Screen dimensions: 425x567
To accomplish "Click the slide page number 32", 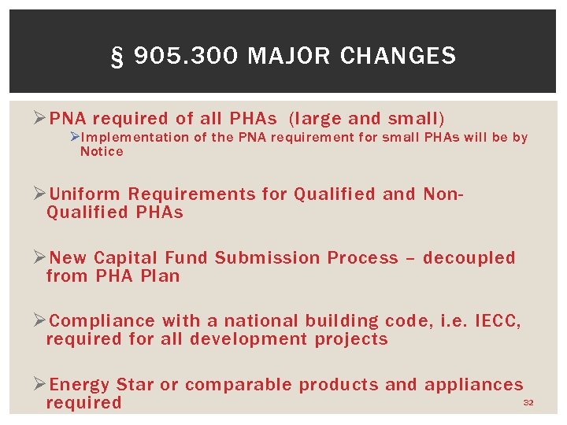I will [x=528, y=403].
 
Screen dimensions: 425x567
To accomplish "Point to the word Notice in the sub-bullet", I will [x=102, y=152].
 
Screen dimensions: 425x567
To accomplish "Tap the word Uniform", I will [x=85, y=194].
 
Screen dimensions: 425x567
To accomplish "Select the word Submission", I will [x=269, y=258].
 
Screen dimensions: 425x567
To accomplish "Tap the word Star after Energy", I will [x=135, y=385].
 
